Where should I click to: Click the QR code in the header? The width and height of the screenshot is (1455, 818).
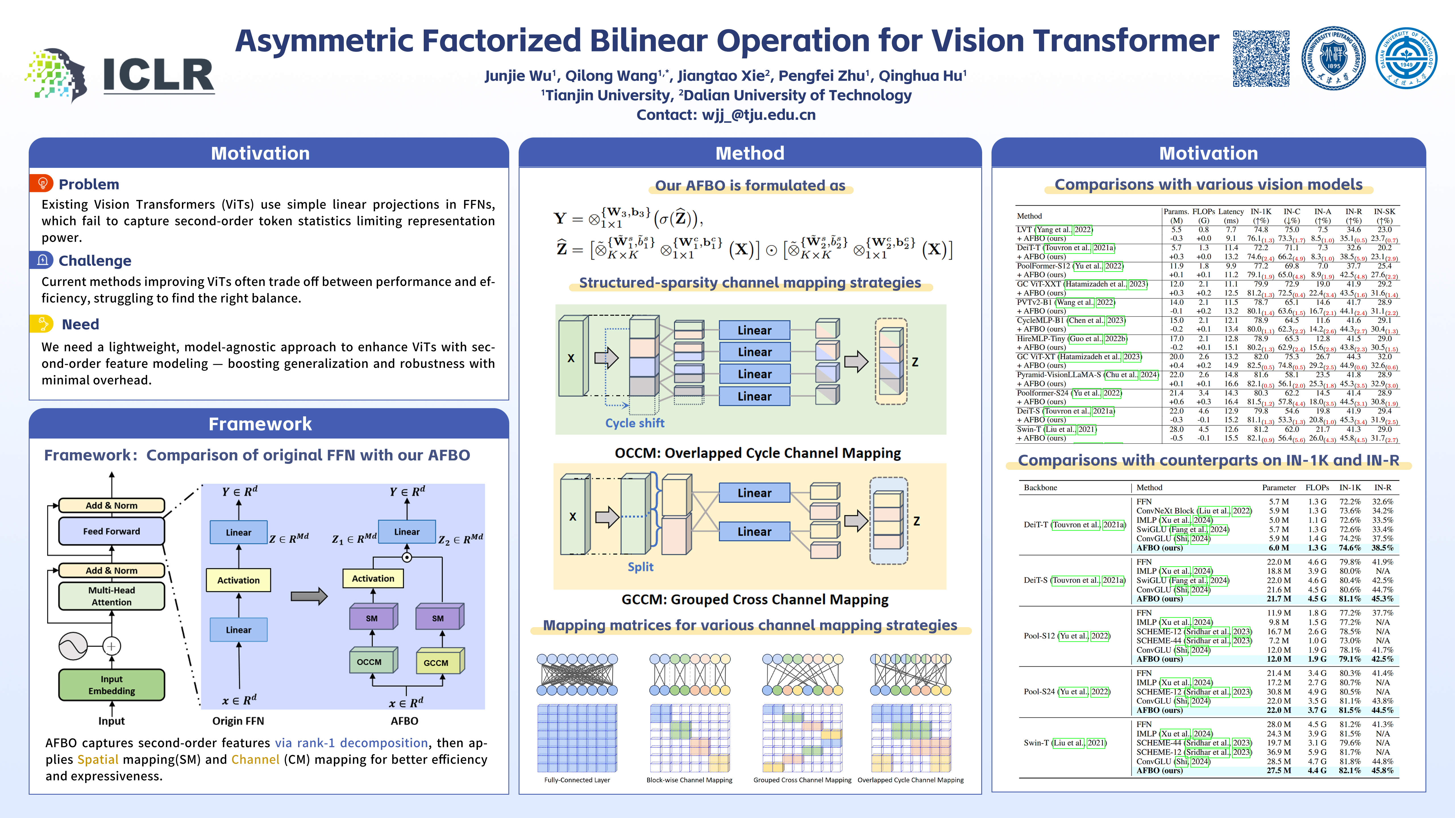point(1261,59)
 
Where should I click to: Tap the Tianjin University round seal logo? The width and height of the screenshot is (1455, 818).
point(1334,59)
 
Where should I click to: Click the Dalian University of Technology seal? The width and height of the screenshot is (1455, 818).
point(1406,59)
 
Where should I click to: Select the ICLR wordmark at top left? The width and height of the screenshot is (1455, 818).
point(159,75)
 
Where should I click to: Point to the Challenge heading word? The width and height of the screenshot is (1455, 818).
point(95,261)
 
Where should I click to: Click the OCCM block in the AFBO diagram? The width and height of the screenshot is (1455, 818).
point(370,662)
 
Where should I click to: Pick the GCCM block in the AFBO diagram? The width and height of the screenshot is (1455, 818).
point(436,662)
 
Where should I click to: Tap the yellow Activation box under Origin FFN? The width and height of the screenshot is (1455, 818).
point(238,580)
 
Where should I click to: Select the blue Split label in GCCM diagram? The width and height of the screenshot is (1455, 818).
point(641,567)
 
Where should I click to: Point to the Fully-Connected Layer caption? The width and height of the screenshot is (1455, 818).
point(577,780)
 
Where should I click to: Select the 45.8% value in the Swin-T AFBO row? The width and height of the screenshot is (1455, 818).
point(1382,771)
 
